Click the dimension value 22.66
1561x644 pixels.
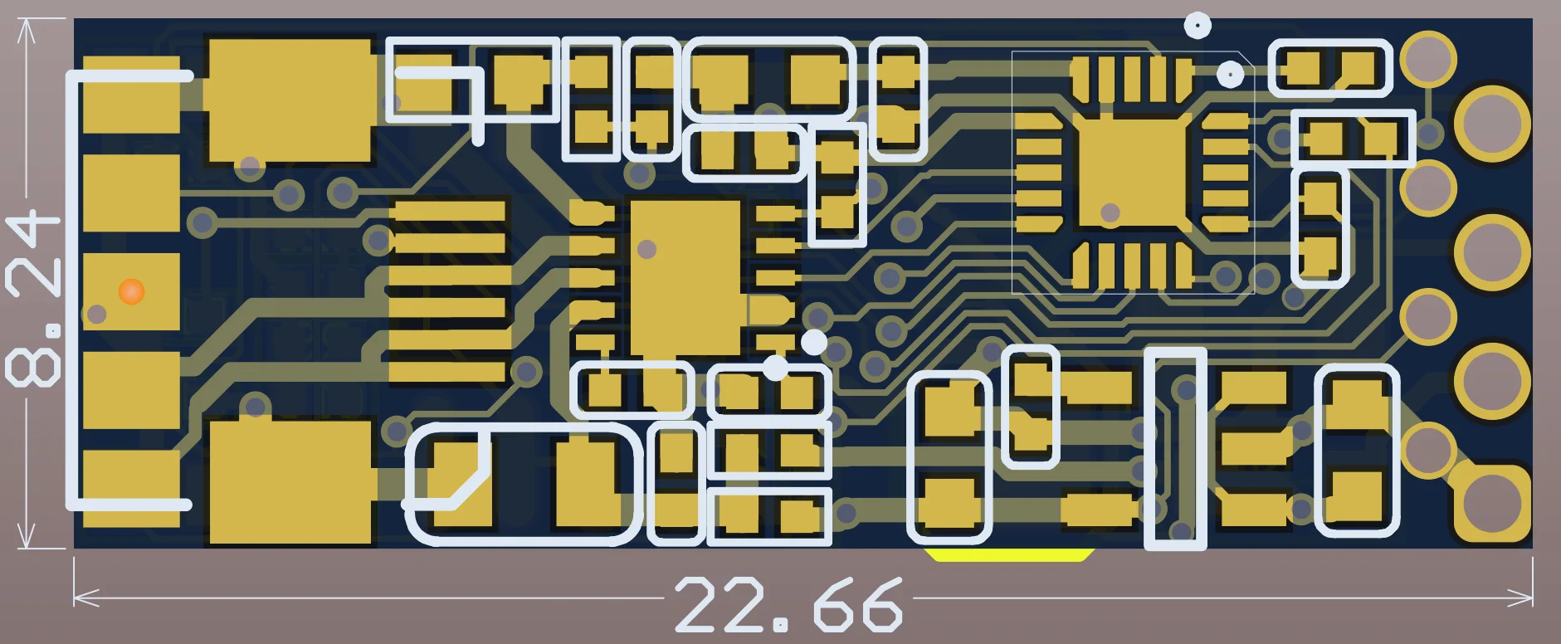(788, 604)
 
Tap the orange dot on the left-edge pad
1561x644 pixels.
(131, 291)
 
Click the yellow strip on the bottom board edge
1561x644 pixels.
(1009, 554)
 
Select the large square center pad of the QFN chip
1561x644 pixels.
(1133, 173)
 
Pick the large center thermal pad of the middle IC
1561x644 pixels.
(685, 278)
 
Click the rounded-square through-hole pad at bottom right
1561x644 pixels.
(1491, 503)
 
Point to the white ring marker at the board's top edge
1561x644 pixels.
(1198, 26)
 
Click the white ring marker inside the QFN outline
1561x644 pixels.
(1230, 75)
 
